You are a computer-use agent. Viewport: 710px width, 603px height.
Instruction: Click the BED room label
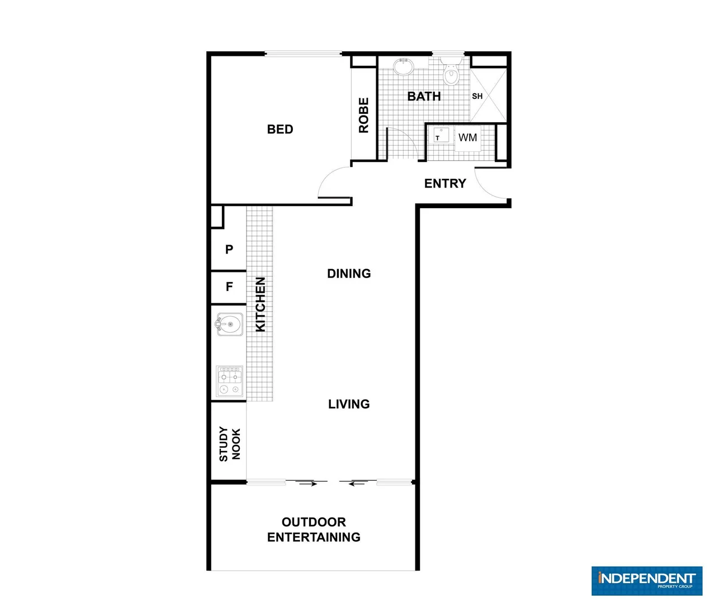tap(280, 130)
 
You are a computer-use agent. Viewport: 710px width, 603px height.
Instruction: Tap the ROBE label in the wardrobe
tap(364, 115)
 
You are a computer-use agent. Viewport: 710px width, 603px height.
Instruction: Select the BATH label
tap(424, 97)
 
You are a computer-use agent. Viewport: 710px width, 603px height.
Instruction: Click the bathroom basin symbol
tap(403, 66)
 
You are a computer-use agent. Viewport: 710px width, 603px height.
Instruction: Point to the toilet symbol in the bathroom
tap(451, 73)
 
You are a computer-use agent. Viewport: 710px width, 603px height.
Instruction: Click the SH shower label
tap(477, 96)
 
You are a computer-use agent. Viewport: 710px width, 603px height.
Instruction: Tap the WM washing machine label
tap(467, 137)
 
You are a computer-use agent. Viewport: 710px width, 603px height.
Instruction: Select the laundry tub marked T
tap(441, 135)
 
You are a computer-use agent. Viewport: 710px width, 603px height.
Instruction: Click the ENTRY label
tap(445, 184)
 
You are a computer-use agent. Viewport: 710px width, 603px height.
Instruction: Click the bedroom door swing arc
tap(330, 180)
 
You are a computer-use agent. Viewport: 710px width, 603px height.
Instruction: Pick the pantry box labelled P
tap(229, 250)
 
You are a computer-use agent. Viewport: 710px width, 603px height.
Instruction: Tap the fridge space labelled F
tap(229, 287)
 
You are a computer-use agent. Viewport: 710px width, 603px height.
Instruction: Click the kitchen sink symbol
tap(229, 324)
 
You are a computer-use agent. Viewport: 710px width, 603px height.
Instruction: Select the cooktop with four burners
tap(229, 381)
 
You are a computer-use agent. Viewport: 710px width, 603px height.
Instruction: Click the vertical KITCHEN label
tap(261, 305)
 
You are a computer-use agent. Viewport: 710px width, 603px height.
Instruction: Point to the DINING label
tap(349, 274)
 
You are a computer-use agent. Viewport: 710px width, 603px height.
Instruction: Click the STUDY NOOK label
tap(229, 444)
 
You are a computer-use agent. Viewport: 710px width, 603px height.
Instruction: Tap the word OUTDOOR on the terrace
tap(314, 522)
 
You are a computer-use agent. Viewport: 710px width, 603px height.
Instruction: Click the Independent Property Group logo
tap(646, 581)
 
